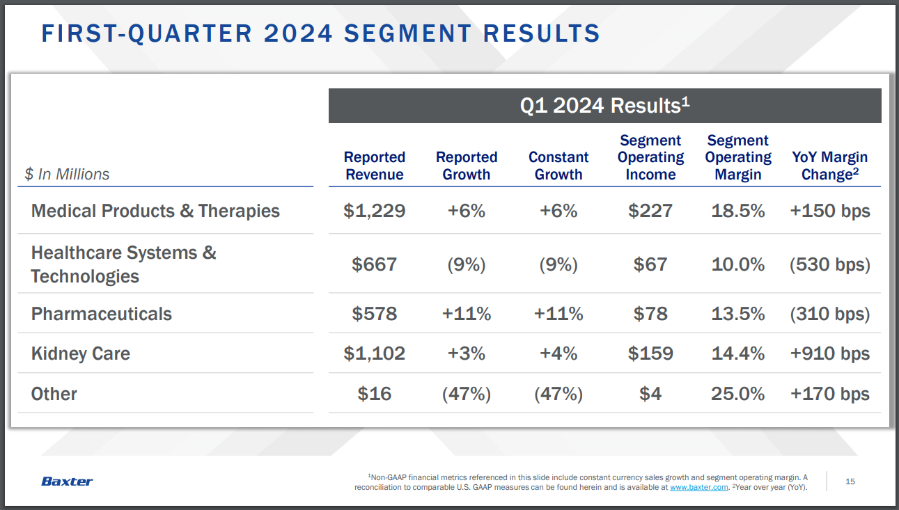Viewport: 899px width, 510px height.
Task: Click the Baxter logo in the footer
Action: [67, 481]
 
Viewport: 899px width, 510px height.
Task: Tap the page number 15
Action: [850, 481]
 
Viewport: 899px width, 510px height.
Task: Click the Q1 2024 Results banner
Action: [604, 106]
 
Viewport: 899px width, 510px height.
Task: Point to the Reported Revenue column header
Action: [375, 166]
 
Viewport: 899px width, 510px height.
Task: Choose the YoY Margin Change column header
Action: [829, 166]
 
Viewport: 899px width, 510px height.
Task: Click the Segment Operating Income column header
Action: [650, 158]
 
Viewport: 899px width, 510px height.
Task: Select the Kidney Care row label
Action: [81, 353]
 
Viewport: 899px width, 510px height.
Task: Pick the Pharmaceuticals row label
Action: [102, 314]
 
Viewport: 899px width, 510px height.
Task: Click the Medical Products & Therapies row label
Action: [155, 211]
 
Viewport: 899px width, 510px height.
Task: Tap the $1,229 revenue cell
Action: [375, 211]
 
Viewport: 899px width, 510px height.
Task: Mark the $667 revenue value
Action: [375, 264]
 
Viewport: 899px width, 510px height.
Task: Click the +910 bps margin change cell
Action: [829, 353]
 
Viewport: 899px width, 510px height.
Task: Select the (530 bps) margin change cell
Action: [829, 264]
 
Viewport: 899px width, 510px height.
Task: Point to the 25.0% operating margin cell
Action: [737, 394]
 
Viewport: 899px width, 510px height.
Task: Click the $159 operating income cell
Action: [650, 353]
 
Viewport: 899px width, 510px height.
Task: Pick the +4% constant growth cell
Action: [558, 353]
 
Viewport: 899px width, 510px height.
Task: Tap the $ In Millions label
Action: [67, 175]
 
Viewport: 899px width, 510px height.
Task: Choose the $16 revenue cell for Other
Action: [375, 394]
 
